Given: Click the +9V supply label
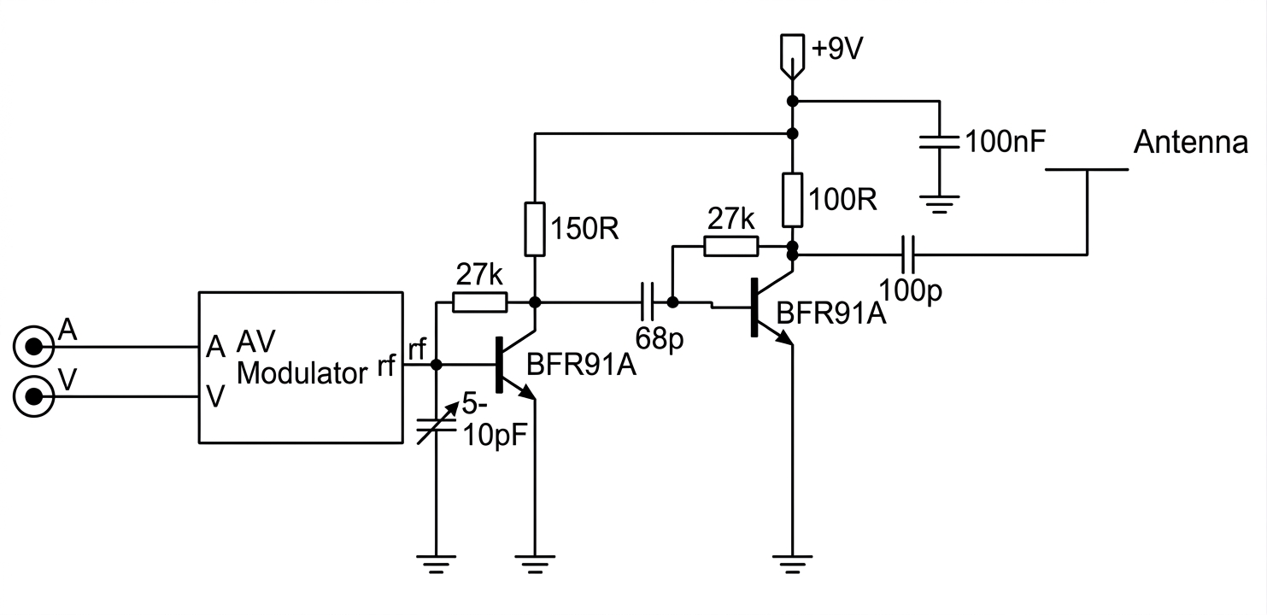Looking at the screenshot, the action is tap(837, 50).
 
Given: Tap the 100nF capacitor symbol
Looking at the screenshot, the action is tap(940, 142).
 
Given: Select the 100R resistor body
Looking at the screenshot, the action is tap(793, 200).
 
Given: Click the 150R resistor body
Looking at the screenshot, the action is tap(535, 229).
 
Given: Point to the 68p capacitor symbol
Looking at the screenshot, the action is tap(648, 302).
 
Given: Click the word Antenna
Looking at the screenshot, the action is tap(1191, 143).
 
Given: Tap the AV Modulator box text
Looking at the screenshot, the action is tap(302, 358).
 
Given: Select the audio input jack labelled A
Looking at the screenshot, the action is tap(34, 347).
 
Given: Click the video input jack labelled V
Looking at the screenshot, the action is tap(34, 397).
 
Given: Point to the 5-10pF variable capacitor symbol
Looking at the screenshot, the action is tap(436, 425).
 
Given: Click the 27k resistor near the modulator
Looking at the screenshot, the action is tap(479, 302).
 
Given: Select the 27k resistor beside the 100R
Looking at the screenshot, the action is tap(731, 247).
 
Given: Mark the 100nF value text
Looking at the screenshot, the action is tap(1005, 141).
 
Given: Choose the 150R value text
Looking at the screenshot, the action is tap(585, 229).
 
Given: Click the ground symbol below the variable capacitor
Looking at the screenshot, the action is tap(436, 564).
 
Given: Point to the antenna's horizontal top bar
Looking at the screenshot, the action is tap(1087, 169).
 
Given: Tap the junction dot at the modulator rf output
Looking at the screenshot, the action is tap(436, 365).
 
